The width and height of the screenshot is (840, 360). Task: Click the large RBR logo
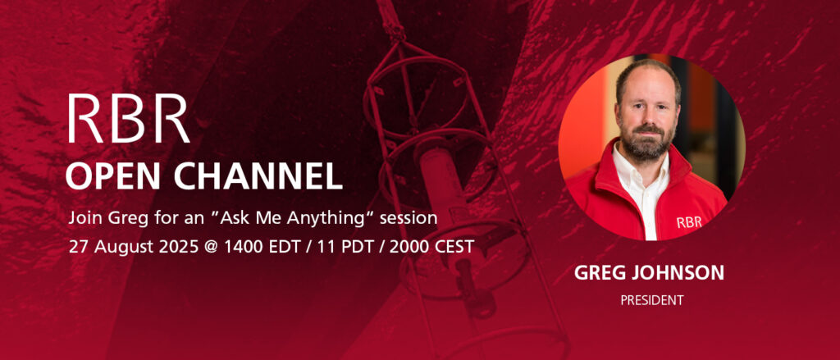coord(129,118)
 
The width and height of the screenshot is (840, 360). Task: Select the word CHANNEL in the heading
coord(258,175)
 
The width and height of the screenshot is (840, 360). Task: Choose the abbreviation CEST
coord(454,247)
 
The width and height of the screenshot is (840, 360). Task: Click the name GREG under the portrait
coord(597,273)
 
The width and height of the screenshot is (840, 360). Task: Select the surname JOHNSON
coord(675,273)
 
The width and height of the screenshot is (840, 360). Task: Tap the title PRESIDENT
coord(652,300)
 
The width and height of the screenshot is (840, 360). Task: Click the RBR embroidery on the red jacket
coord(689,222)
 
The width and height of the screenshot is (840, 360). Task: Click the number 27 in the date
coord(77,247)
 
